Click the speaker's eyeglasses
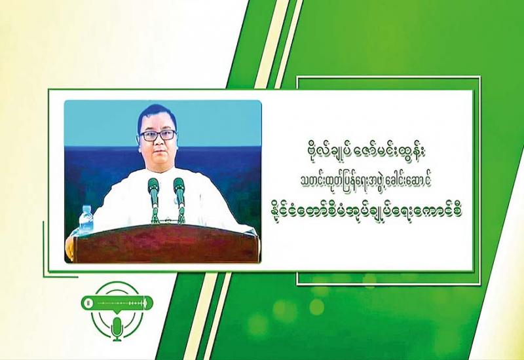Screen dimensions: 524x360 (x=158, y=135)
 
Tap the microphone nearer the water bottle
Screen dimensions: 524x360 (x=154, y=200)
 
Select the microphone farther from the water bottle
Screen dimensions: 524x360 (x=179, y=200)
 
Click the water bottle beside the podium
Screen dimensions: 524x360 (x=86, y=219)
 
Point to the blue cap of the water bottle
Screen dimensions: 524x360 (x=86, y=207)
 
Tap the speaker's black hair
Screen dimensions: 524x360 (x=157, y=115)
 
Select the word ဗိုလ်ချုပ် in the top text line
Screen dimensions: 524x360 (x=322, y=156)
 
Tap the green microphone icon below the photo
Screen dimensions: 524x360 (x=117, y=329)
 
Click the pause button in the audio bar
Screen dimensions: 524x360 (x=88, y=303)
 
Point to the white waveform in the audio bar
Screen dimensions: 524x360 (x=122, y=303)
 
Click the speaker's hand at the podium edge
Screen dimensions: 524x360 (x=69, y=247)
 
